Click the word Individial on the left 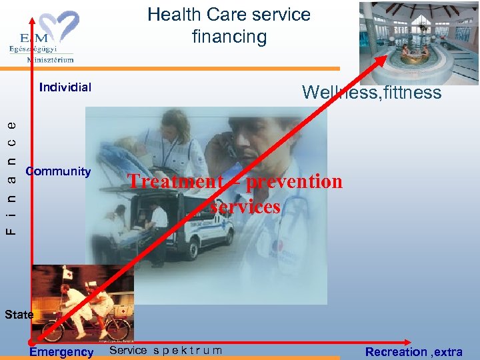pos(65,87)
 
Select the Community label pos(58,171)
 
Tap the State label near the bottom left pos(19,314)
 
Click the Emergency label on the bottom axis pos(61,352)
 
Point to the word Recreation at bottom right pos(396,351)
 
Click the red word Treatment pos(175,181)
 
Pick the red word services pos(245,207)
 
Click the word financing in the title pos(229,37)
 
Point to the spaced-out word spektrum pos(187,351)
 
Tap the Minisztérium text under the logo pos(50,59)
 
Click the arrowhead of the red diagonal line pos(383,58)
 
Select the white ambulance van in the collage pos(200,230)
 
